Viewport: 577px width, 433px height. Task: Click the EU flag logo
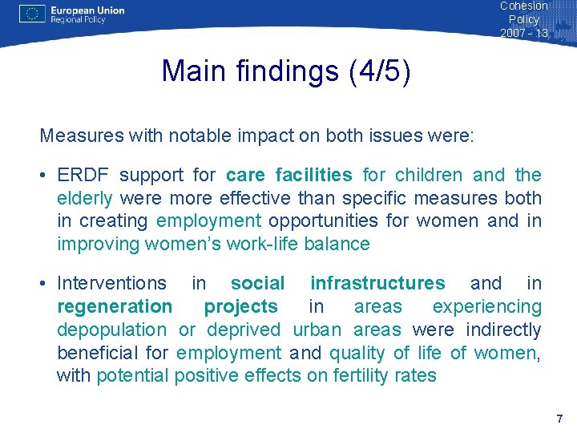[x=31, y=14]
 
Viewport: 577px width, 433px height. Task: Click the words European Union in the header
[x=87, y=10]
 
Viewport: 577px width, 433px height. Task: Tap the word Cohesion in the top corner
[x=524, y=6]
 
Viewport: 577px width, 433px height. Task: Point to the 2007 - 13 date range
[x=524, y=33]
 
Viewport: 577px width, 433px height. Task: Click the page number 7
[x=559, y=419]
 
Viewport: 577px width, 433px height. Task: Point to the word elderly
[x=84, y=198]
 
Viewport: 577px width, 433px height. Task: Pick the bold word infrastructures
[x=377, y=283]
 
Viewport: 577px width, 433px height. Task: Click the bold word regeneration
[x=115, y=306]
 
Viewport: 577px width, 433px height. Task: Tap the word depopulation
[x=111, y=330]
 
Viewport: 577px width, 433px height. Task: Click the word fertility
[x=353, y=375]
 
